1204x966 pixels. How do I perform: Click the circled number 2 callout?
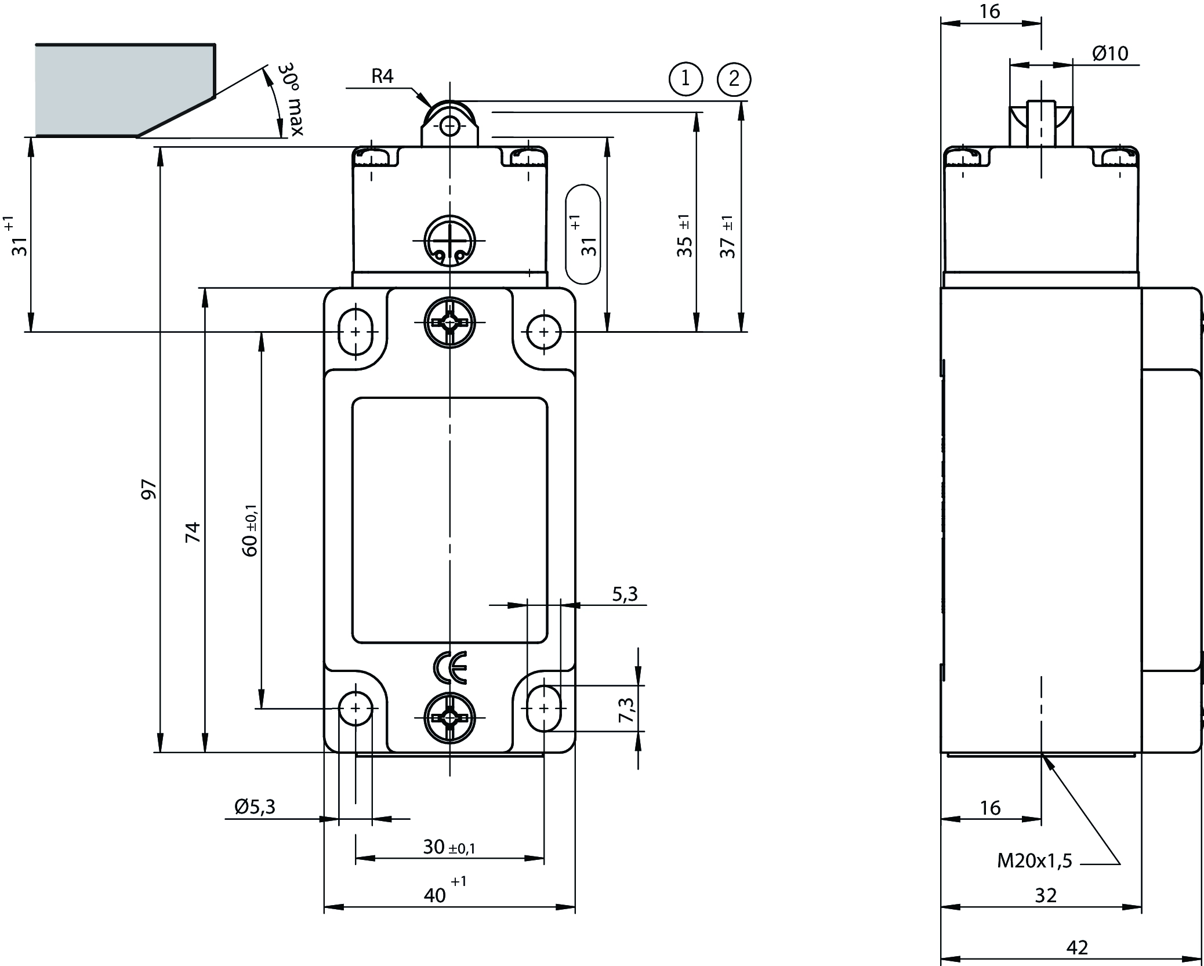pos(734,78)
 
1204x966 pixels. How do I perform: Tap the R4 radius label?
pos(383,76)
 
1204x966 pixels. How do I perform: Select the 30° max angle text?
pos(291,99)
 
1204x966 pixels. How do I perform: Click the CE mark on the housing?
pos(450,667)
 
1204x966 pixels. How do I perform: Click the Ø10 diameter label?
pos(1110,53)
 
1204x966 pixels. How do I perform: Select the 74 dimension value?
pos(193,532)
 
